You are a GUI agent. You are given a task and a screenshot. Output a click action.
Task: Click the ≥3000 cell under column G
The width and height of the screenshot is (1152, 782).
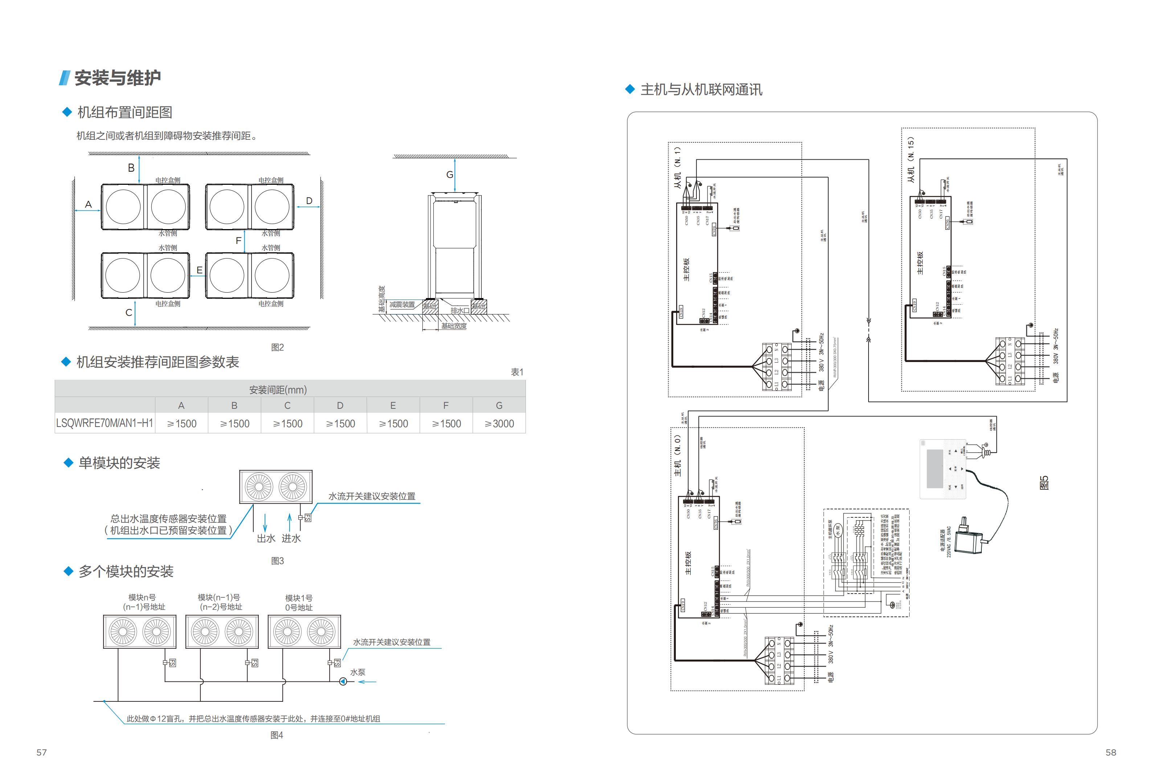499,423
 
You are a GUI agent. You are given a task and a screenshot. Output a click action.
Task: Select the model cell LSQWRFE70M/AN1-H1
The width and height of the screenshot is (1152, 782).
105,423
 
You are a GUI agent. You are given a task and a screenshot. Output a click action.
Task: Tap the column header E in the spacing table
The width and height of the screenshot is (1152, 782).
393,406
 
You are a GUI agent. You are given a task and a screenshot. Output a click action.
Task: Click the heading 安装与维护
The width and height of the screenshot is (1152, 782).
118,78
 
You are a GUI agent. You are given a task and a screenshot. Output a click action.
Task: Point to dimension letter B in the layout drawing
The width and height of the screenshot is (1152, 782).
131,168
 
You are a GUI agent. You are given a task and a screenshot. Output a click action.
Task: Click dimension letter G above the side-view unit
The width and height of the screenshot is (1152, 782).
450,175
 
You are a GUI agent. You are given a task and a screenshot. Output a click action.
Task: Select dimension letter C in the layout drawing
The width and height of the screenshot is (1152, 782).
129,313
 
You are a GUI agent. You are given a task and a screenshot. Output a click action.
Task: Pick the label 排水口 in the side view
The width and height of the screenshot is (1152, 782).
459,310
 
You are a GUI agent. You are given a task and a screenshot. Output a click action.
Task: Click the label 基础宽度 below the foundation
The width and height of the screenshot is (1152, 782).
454,326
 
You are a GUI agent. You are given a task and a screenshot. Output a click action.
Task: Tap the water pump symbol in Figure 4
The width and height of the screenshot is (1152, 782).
343,681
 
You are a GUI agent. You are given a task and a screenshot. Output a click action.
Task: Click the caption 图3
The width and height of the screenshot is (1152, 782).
278,561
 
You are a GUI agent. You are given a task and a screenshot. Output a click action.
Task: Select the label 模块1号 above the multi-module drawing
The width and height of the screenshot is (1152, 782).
299,598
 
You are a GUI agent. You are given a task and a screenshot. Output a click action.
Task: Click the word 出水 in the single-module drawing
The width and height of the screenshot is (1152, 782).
266,538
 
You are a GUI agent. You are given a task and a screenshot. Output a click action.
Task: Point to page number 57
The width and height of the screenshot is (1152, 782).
42,752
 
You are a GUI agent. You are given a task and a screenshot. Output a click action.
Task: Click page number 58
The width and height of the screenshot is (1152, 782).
1111,752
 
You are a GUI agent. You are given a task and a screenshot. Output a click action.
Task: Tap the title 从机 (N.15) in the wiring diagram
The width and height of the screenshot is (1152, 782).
911,160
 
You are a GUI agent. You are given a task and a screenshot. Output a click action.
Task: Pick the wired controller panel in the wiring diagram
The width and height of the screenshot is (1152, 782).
943,469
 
